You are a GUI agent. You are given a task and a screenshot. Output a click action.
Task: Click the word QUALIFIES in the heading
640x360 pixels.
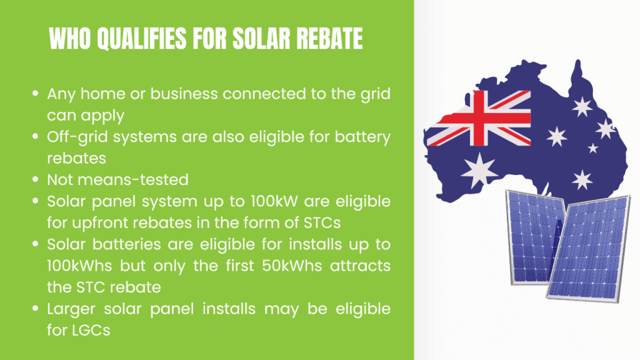click(141, 39)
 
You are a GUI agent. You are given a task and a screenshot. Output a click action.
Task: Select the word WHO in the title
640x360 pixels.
click(69, 39)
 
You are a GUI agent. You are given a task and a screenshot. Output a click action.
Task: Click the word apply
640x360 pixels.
click(102, 116)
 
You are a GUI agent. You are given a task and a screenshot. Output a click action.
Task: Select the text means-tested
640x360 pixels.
click(133, 180)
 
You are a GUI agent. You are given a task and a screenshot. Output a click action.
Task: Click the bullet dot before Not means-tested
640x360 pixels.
click(36, 179)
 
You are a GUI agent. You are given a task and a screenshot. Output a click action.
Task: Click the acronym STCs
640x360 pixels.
click(322, 223)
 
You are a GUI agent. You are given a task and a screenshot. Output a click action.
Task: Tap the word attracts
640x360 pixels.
click(361, 266)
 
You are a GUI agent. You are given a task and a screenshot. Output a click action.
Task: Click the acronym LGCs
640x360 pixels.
click(91, 330)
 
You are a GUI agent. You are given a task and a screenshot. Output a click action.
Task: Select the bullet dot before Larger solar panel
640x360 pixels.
click(36, 309)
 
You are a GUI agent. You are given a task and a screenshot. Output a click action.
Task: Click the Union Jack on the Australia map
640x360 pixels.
click(478, 118)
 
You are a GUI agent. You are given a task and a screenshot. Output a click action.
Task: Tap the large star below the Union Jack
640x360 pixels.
click(479, 171)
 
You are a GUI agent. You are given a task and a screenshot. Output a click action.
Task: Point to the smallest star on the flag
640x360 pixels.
click(592, 148)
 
